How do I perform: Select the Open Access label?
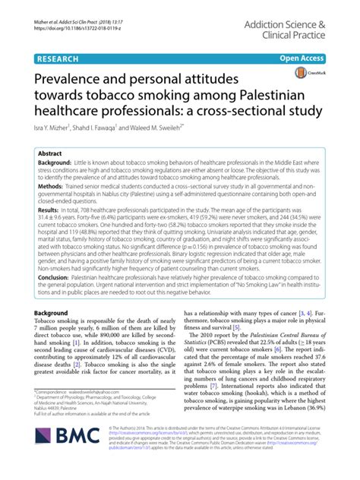302,58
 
